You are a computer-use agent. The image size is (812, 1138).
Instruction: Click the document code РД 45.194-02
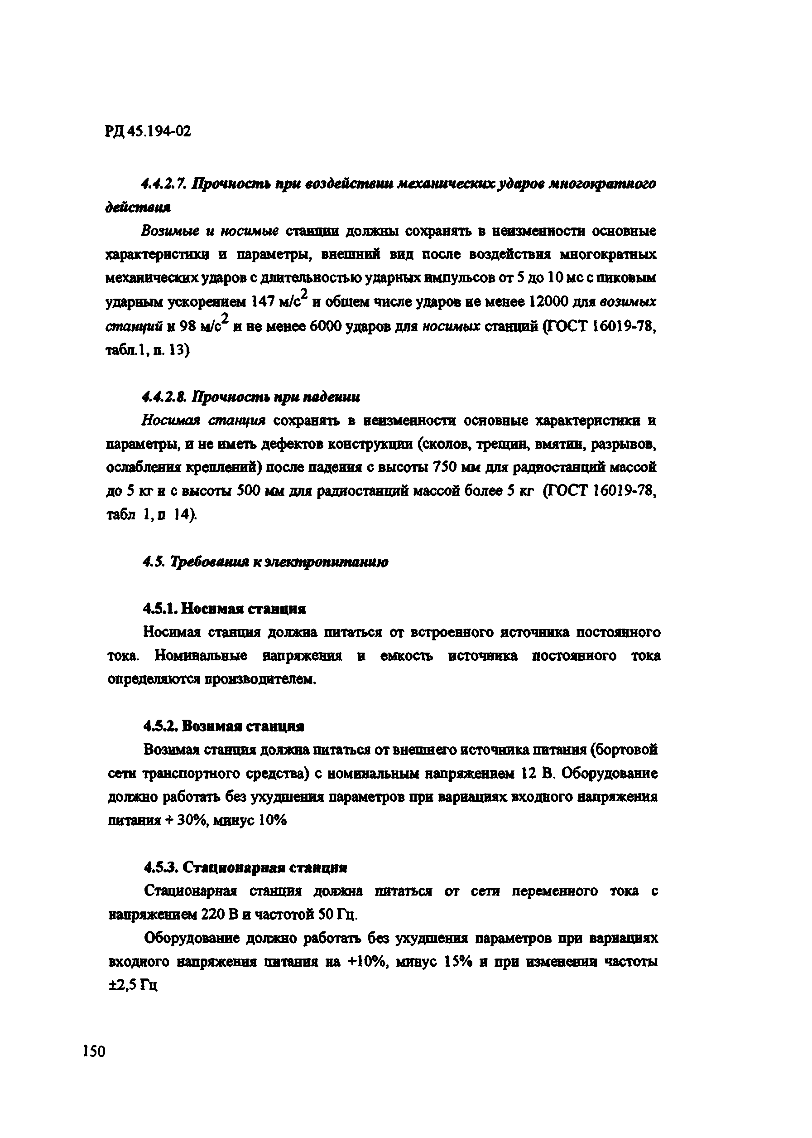point(148,131)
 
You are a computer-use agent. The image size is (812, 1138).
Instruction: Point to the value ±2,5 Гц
point(133,985)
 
